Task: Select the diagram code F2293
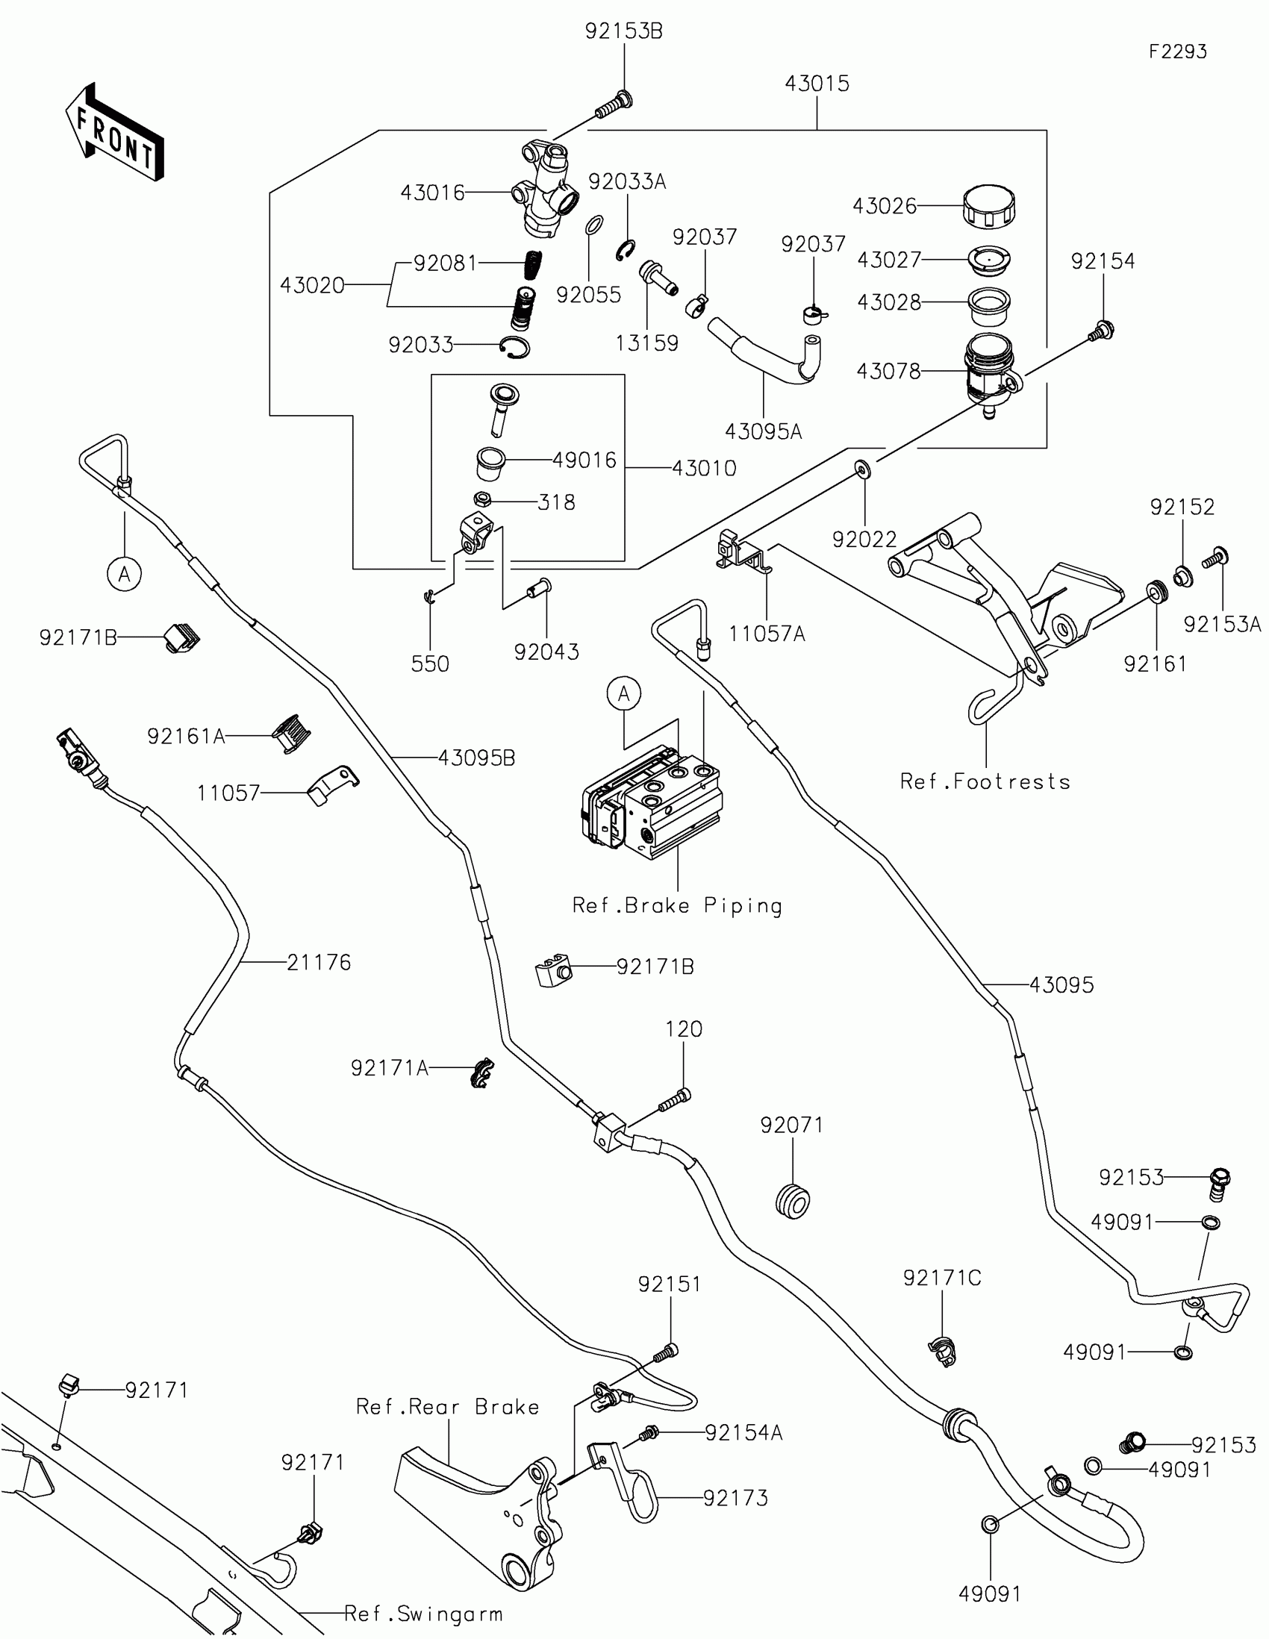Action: click(1177, 51)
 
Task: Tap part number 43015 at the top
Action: click(817, 84)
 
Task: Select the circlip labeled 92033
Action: click(515, 347)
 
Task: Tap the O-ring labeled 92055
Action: click(593, 225)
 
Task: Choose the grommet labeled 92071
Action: click(793, 1199)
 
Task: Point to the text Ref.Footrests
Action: click(985, 781)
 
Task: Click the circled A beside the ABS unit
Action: click(624, 693)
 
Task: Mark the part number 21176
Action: click(319, 962)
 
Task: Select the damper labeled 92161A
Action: click(291, 733)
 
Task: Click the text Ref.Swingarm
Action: click(423, 1614)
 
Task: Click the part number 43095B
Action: click(476, 758)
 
